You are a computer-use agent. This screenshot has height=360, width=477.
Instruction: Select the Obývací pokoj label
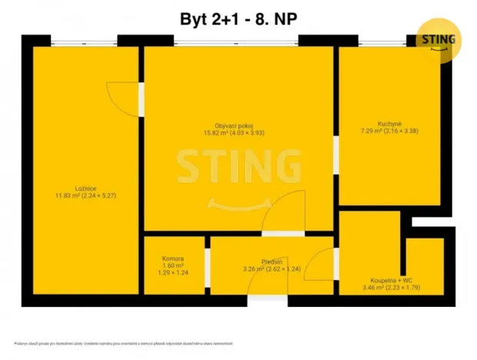234,125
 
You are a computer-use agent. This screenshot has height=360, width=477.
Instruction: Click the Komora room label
173,258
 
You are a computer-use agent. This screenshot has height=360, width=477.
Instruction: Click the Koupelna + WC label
392,281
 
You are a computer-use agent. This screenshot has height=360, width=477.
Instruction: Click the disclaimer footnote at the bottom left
123,344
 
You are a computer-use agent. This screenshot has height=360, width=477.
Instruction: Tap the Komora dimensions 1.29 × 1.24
173,273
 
